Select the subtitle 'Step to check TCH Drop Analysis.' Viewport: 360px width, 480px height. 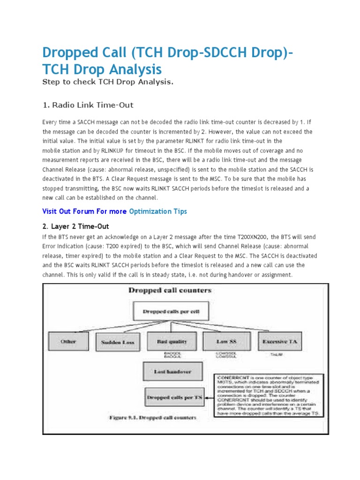pyautogui.click(x=108, y=82)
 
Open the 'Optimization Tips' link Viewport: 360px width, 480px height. pyautogui.click(x=157, y=211)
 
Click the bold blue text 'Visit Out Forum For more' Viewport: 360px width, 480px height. pyautogui.click(x=84, y=211)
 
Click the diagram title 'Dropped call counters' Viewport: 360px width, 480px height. pyautogui.click(x=170, y=291)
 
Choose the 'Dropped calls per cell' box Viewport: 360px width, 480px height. pyautogui.click(x=164, y=311)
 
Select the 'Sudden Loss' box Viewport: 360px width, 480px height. pyautogui.click(x=115, y=342)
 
